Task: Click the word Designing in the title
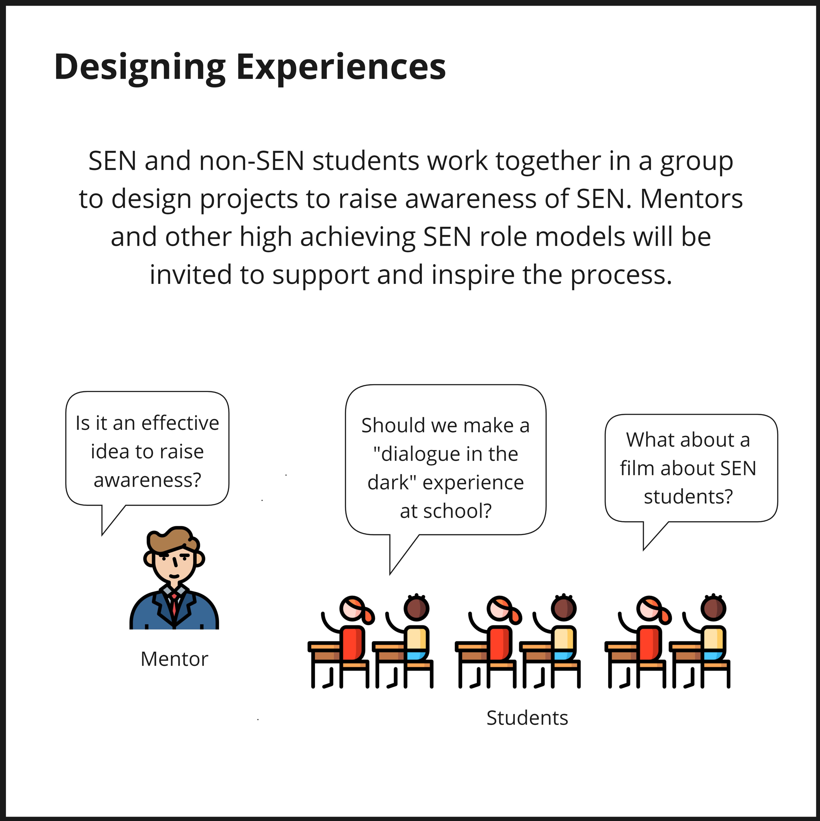coord(140,67)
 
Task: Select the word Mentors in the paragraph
coord(691,199)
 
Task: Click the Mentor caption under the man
coord(174,659)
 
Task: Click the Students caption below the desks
coord(527,718)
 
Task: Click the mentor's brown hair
coord(172,540)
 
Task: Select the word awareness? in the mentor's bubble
coord(147,480)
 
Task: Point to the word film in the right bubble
coord(637,468)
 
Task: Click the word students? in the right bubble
coord(688,496)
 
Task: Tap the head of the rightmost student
coord(713,609)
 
